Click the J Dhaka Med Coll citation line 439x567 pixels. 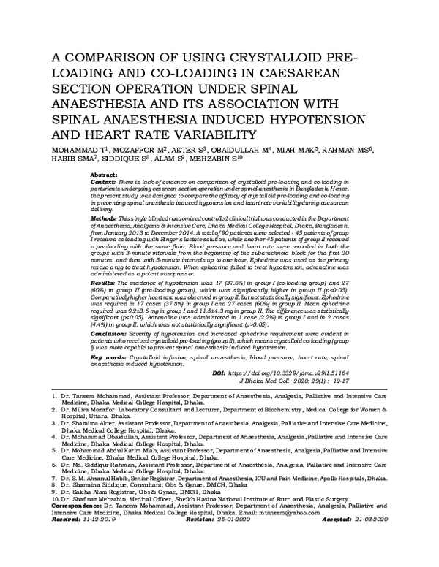pyautogui.click(x=290, y=381)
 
